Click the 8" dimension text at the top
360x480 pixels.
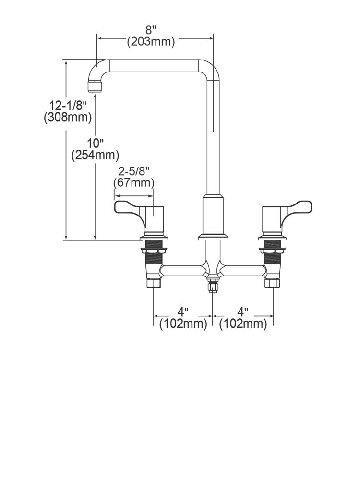point(151,30)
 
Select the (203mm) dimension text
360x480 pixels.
point(151,41)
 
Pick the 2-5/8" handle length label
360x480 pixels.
point(134,171)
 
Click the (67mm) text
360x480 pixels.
point(134,183)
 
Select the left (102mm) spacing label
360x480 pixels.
point(183,324)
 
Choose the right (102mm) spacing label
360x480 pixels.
point(243,324)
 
